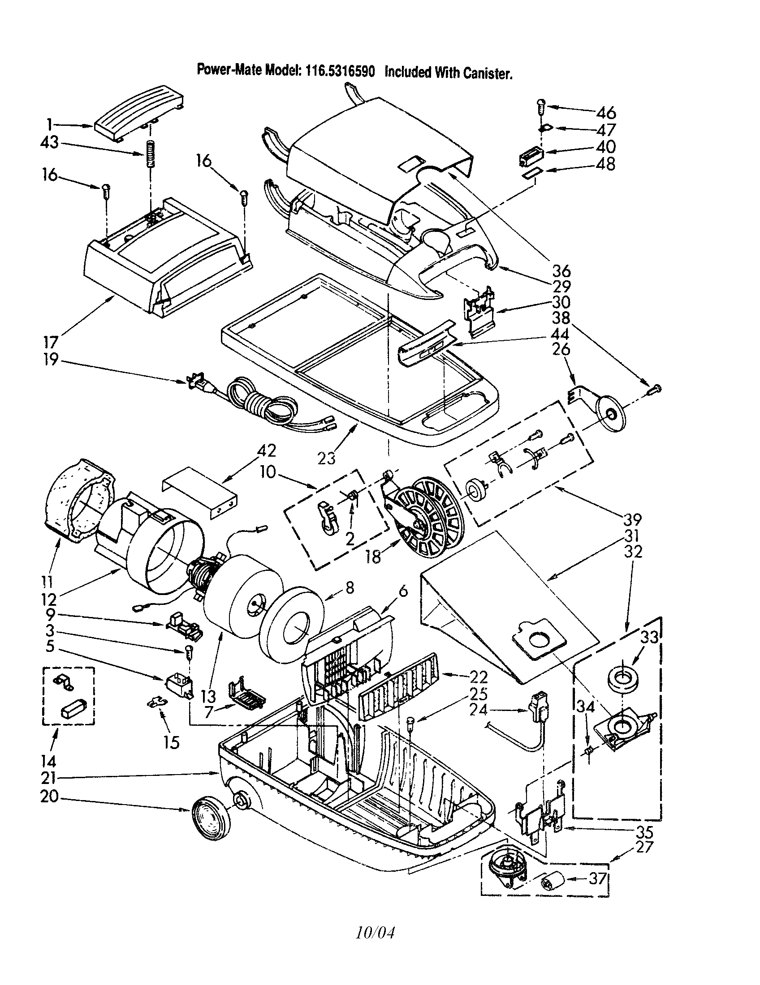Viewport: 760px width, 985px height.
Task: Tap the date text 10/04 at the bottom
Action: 375,933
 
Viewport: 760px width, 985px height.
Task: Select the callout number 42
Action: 266,451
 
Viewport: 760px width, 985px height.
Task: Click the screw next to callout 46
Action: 542,107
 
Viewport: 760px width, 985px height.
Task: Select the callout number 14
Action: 48,761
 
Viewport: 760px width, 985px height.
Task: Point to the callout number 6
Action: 403,591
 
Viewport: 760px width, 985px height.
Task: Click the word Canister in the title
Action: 489,73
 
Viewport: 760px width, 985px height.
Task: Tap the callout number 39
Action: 632,520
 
